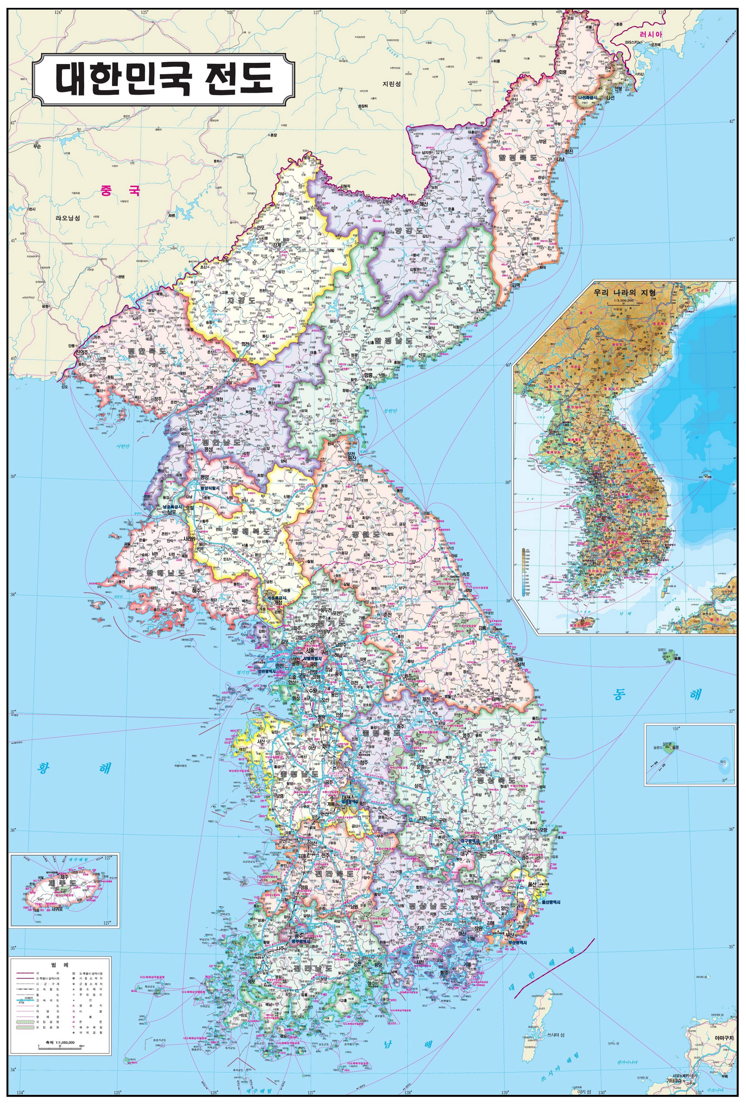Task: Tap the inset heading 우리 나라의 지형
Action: (x=624, y=292)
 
